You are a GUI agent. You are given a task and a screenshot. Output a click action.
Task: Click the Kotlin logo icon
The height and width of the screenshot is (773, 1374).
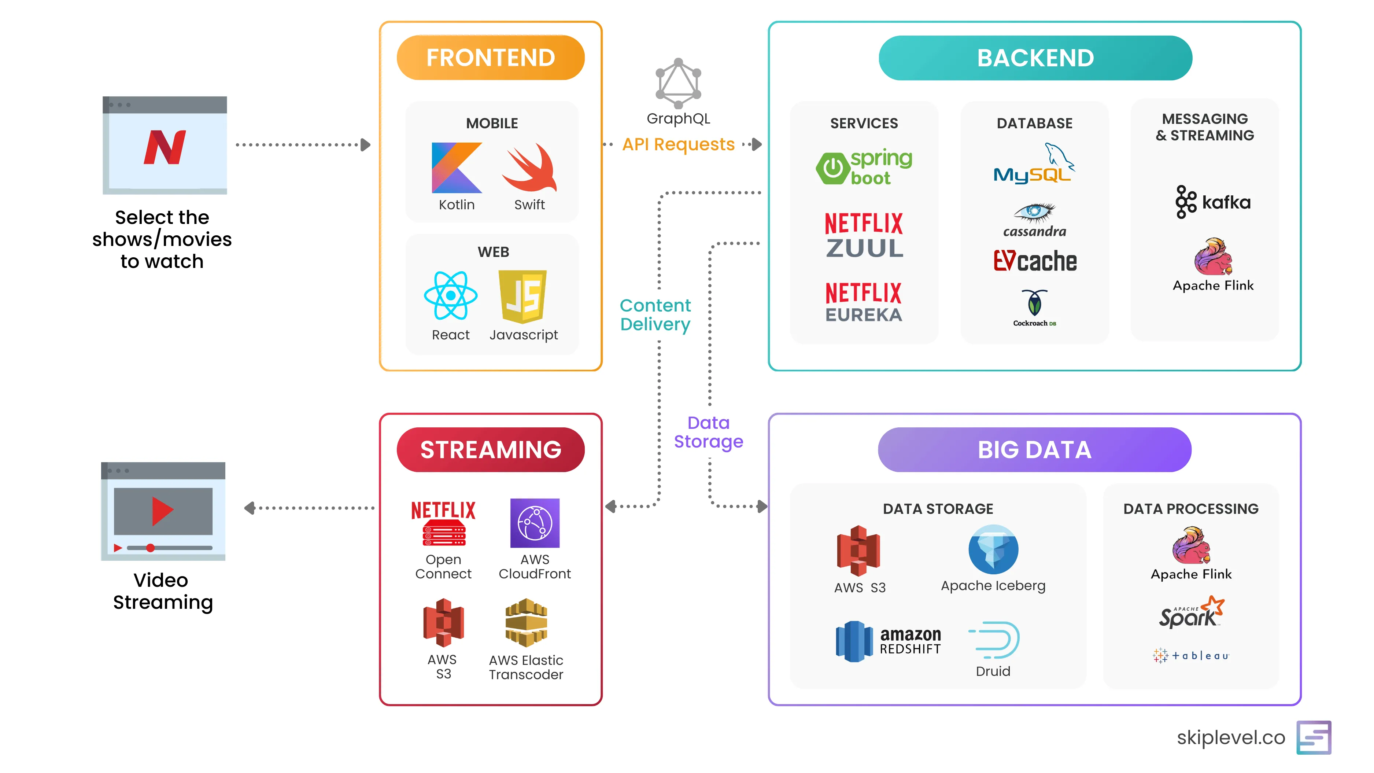point(456,168)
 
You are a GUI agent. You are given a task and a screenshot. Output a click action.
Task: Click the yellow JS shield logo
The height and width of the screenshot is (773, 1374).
point(523,296)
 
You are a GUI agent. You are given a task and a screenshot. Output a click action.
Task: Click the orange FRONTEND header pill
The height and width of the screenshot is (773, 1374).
point(490,58)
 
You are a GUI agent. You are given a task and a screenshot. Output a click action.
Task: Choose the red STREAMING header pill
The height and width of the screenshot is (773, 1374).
point(490,450)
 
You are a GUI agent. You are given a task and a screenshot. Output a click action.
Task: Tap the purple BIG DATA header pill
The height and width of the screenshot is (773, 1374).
point(1034,450)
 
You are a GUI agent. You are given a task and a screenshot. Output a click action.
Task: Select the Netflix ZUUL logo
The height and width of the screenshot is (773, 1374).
point(864,235)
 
